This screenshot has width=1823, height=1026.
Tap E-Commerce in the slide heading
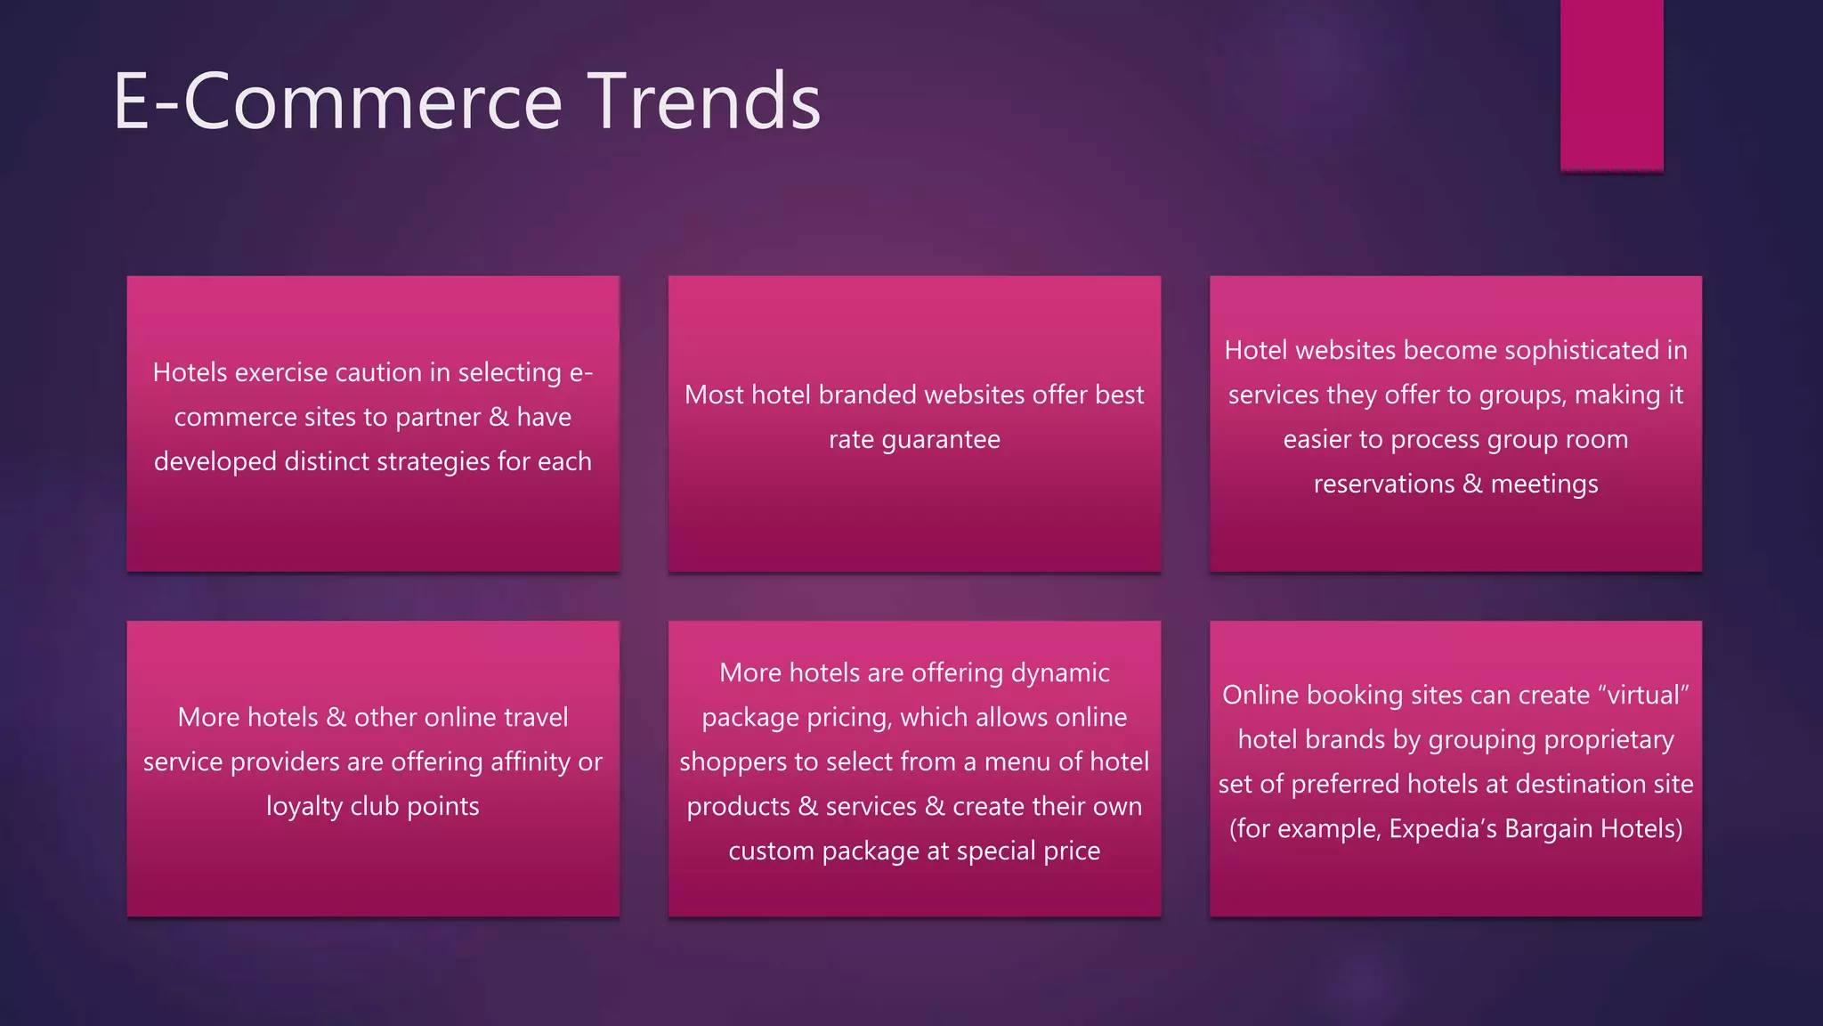338,102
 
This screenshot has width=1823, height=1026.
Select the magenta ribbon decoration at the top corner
1611,85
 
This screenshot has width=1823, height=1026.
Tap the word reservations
1384,484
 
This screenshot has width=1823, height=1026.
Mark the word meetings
1544,484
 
